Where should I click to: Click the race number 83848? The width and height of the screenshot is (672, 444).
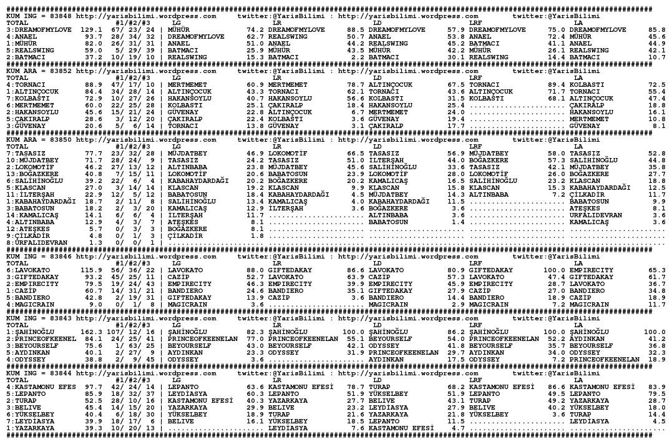click(60, 16)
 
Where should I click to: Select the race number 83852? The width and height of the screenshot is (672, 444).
click(60, 72)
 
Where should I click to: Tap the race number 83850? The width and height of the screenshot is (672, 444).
click(60, 139)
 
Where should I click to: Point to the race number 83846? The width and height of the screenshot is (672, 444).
click(60, 257)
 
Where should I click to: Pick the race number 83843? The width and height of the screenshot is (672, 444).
click(60, 318)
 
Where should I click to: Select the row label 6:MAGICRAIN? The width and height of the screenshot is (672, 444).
click(31, 304)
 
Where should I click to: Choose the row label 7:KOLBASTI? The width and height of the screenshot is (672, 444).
click(29, 98)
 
